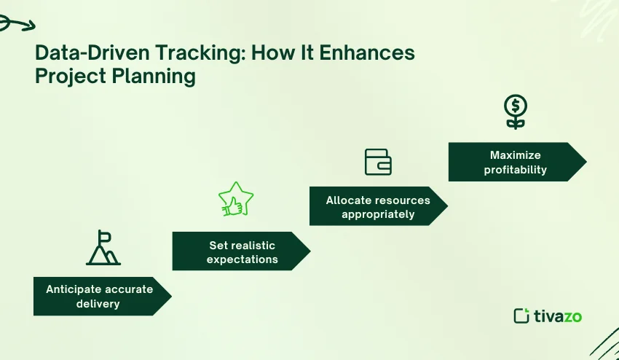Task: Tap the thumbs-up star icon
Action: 235,199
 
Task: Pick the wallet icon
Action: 378,162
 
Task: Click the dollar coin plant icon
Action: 516,112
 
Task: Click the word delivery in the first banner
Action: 98,303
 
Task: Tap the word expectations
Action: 242,259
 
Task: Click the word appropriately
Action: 378,214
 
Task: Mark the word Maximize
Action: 516,155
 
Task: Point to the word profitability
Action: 516,170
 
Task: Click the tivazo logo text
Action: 558,316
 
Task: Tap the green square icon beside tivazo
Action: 521,316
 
